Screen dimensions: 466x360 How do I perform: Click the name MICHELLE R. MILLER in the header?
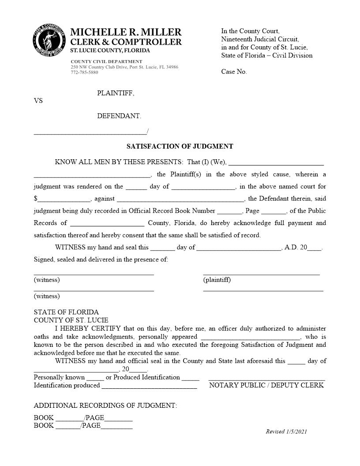(x=126, y=32)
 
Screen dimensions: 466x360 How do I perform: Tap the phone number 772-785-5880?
(x=84, y=72)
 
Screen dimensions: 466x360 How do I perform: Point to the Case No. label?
(x=234, y=72)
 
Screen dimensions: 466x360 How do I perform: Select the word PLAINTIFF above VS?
(x=116, y=93)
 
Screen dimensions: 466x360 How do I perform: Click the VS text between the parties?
(x=38, y=101)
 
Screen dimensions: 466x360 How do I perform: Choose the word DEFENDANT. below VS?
(x=119, y=116)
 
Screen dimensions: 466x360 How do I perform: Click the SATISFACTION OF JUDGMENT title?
(x=180, y=147)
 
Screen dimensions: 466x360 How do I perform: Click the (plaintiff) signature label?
(x=217, y=280)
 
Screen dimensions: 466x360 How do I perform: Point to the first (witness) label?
(x=47, y=280)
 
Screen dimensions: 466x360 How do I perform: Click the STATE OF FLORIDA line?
(x=66, y=312)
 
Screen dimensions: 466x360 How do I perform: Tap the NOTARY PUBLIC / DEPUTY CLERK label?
(x=266, y=385)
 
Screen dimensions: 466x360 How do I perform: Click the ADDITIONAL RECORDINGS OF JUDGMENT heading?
(x=105, y=405)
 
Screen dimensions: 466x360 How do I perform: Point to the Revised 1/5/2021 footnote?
(x=286, y=432)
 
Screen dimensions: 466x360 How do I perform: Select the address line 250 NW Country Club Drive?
(x=124, y=67)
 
